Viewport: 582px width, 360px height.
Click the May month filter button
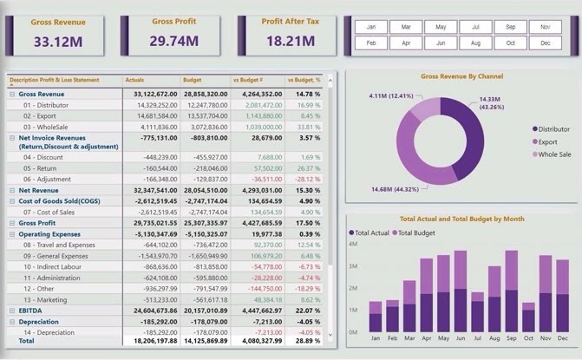pos(441,28)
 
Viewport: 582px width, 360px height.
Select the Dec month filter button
pos(545,43)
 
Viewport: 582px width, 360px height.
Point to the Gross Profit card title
pos(173,20)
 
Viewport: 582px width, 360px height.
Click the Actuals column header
pos(135,80)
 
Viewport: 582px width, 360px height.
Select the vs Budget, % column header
pos(304,80)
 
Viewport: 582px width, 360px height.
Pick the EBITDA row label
pos(31,310)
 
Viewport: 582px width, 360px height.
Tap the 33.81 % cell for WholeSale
pos(309,126)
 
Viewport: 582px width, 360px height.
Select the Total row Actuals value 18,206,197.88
pos(153,342)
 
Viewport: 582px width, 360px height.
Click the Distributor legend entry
pos(551,128)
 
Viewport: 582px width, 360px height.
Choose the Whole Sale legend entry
pos(551,154)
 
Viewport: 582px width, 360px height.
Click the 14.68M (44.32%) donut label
pos(395,189)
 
